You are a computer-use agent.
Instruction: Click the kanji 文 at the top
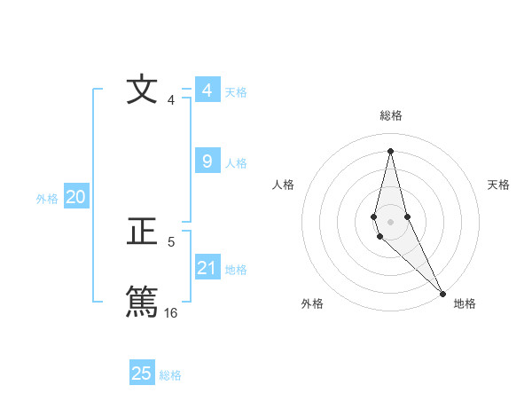(141, 90)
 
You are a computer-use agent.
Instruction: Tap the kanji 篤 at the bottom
(141, 301)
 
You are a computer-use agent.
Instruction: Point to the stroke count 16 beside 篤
(170, 312)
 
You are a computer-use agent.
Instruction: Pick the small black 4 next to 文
(170, 100)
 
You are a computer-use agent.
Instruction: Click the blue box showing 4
(207, 90)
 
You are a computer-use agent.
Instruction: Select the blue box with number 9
(207, 161)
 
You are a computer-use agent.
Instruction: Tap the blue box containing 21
(207, 268)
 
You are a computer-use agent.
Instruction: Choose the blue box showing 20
(75, 197)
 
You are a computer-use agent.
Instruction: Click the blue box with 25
(141, 374)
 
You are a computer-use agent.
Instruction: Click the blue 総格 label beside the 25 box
(170, 375)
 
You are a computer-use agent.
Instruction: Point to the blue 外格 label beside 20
(47, 199)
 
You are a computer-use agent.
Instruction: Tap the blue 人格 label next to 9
(236, 163)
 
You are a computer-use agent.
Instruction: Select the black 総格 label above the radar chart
(390, 115)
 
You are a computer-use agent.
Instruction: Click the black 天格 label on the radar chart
(498, 185)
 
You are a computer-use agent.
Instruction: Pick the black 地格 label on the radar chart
(465, 304)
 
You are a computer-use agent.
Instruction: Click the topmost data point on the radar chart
(390, 151)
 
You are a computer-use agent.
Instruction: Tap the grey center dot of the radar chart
(390, 220)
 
